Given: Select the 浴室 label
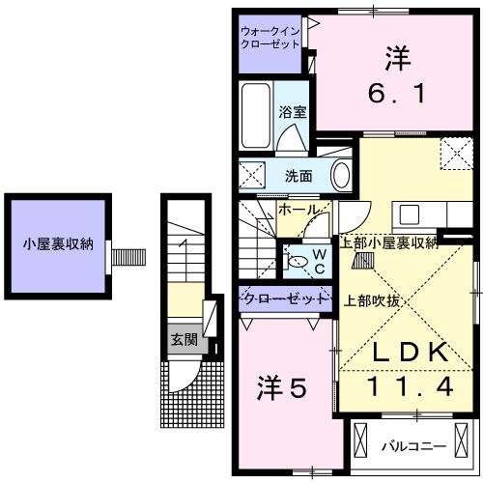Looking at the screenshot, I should [x=293, y=111].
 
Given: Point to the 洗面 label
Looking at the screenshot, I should [x=298, y=176].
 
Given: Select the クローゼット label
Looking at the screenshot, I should [x=284, y=298].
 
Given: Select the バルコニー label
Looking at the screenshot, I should [x=412, y=445].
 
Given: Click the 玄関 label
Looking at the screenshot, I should [x=184, y=339].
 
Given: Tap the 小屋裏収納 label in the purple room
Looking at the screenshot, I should [x=58, y=243].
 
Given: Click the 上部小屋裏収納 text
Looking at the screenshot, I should [x=386, y=242].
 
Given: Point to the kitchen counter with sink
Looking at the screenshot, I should [x=416, y=213].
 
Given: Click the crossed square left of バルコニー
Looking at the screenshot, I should [x=361, y=443].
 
